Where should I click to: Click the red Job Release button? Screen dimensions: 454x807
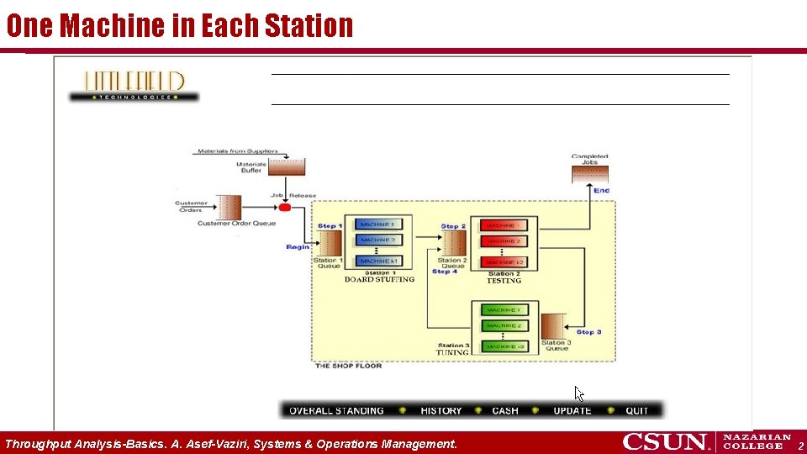tap(284, 207)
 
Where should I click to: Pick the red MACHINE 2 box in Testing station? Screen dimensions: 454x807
tap(502, 241)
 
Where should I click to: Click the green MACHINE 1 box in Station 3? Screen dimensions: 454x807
tap(502, 310)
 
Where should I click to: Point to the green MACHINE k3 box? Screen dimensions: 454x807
tap(502, 346)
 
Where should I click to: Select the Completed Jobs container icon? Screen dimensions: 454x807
tap(589, 174)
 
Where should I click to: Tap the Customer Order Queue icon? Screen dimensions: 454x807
tap(229, 207)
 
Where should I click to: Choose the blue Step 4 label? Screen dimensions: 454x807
tap(445, 272)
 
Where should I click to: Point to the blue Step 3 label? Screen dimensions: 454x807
tap(588, 332)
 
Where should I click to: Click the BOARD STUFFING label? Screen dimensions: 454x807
tap(379, 280)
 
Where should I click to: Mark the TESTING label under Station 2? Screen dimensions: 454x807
tap(504, 281)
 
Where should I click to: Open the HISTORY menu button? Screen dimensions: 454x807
tap(441, 411)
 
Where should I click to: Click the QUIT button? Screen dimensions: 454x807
tap(637, 411)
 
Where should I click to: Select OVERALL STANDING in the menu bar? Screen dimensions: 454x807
tap(336, 411)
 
